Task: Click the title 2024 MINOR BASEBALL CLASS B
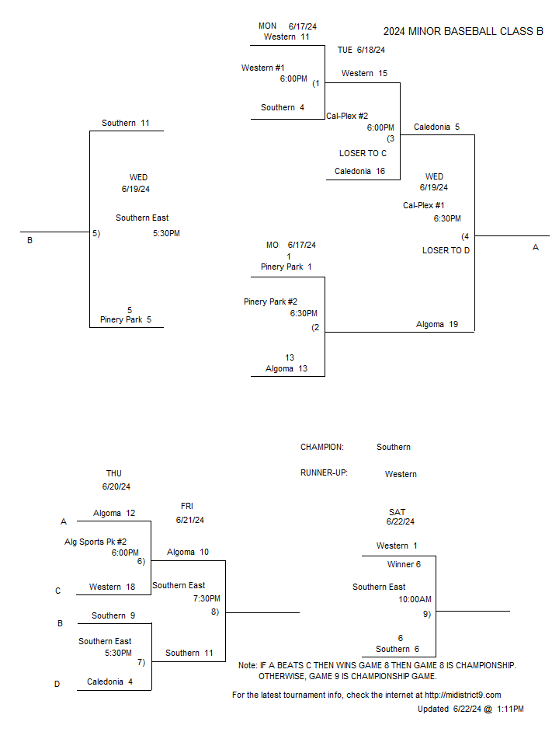click(x=463, y=31)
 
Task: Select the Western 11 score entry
click(x=286, y=37)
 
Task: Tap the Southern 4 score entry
click(x=283, y=107)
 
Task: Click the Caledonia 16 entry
click(x=359, y=171)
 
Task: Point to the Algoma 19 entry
click(x=437, y=325)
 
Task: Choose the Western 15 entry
click(x=364, y=73)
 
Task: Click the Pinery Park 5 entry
click(x=126, y=319)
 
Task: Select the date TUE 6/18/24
click(x=361, y=50)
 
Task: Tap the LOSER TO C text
click(x=363, y=153)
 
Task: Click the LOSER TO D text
click(x=446, y=250)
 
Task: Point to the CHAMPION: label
click(x=321, y=448)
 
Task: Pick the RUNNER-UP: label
click(x=324, y=473)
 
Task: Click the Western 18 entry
click(x=112, y=587)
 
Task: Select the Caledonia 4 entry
click(x=109, y=682)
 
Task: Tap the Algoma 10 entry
click(x=188, y=552)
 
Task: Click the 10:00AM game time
click(x=415, y=599)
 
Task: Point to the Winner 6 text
click(x=404, y=564)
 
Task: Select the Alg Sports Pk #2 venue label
click(x=95, y=542)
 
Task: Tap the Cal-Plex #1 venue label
click(x=424, y=205)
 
